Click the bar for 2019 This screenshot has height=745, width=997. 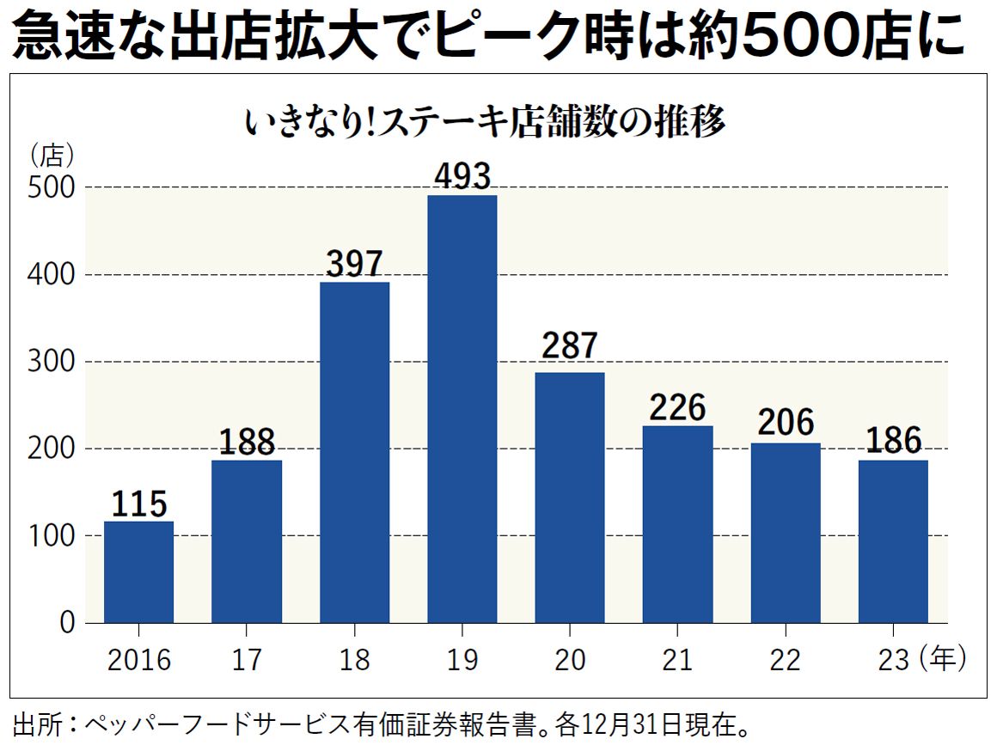462,408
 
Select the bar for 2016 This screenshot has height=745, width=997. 138,571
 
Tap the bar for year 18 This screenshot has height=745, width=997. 354,452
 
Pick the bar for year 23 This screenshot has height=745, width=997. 893,541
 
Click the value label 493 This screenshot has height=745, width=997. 462,176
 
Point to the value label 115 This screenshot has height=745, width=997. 138,504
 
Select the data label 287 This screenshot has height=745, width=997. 570,345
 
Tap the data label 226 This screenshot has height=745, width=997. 677,407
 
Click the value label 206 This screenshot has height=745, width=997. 786,423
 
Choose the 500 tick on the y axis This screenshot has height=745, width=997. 52,187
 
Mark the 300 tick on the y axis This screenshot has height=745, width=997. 52,362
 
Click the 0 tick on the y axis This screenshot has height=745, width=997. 67,623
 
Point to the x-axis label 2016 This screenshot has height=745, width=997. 138,660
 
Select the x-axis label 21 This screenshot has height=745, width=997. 677,660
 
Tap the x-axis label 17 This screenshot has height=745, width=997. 247,660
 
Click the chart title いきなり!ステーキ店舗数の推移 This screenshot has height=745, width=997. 486,123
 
